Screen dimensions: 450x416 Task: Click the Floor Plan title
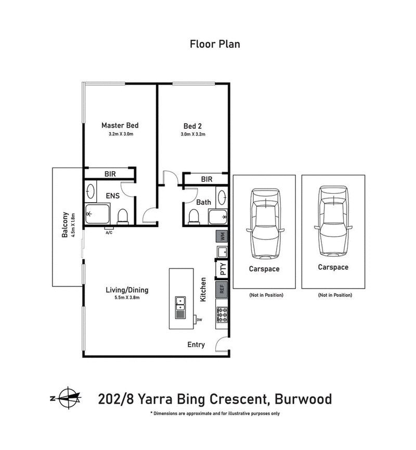click(x=215, y=44)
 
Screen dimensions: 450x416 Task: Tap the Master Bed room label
click(x=120, y=126)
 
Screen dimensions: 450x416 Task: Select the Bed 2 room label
click(x=193, y=126)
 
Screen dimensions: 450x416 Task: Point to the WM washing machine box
click(x=222, y=236)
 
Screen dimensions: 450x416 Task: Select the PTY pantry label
click(x=223, y=270)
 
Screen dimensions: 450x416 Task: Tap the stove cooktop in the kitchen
click(x=222, y=315)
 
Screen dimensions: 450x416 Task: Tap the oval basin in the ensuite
click(x=90, y=192)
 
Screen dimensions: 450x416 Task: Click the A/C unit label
click(x=109, y=232)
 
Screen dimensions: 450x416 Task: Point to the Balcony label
click(x=66, y=224)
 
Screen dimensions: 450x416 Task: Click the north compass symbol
click(x=68, y=398)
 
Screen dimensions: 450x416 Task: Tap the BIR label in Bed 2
click(x=206, y=179)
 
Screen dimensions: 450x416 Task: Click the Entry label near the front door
click(x=196, y=345)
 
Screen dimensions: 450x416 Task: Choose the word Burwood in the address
click(x=301, y=399)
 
